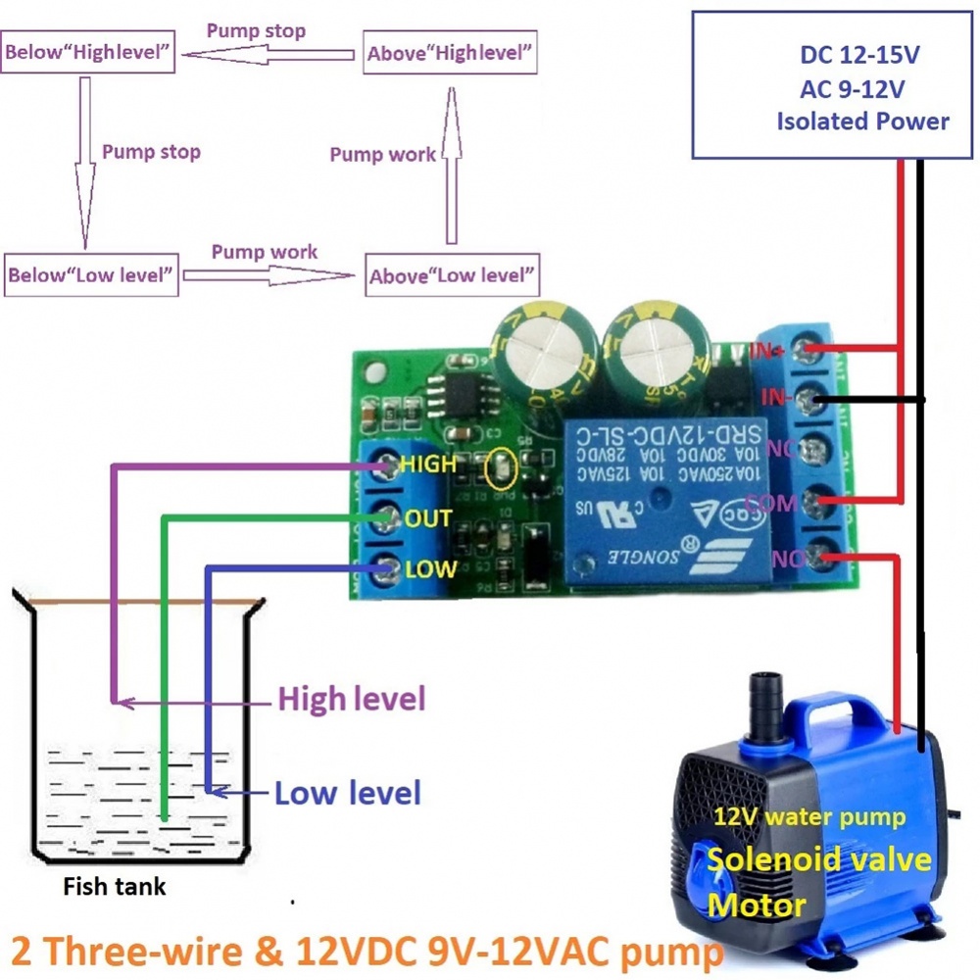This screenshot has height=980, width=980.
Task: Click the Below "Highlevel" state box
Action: pos(89,53)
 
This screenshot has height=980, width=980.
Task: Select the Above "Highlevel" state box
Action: pos(451,53)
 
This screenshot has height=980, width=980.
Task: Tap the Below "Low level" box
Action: pos(91,274)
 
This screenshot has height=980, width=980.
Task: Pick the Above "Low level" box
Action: pos(452,275)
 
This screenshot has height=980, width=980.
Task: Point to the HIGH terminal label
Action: pos(429,464)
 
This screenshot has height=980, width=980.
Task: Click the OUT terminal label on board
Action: pos(428,517)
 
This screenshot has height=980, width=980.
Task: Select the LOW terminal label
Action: pos(430,568)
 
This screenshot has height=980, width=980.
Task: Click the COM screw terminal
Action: pos(810,504)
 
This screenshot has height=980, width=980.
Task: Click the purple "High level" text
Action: pos(351,700)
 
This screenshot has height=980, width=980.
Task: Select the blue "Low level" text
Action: pos(347,793)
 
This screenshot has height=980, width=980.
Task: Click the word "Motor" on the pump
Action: pos(757,904)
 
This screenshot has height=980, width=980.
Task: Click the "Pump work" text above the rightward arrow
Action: pos(265,252)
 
